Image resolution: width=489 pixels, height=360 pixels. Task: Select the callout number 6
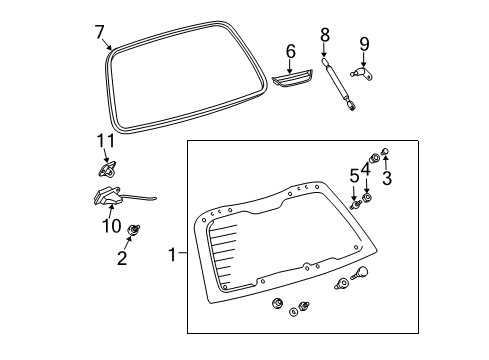pos(291,50)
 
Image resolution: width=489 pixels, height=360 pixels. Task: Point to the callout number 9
pos(364,43)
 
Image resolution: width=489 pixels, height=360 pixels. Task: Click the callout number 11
pos(102,140)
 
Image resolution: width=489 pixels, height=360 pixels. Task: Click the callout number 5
pos(353,178)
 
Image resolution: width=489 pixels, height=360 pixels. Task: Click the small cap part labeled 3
pos(386,155)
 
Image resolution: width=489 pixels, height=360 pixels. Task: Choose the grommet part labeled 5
pos(357,205)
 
